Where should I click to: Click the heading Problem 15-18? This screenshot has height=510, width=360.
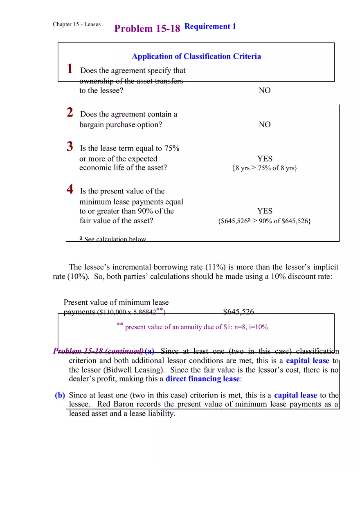(x=147, y=29)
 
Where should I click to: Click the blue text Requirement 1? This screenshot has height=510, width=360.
(x=210, y=27)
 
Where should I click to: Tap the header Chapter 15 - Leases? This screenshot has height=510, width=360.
(x=76, y=25)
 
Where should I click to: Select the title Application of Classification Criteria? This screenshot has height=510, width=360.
(x=196, y=56)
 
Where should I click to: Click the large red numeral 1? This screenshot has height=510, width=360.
(x=70, y=69)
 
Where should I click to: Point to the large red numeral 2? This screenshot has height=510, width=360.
(x=70, y=112)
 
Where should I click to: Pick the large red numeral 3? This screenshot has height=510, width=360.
(x=70, y=146)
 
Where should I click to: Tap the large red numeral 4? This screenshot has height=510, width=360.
(x=70, y=189)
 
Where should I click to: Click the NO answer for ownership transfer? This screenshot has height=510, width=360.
(x=265, y=91)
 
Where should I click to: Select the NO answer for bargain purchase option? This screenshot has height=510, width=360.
(x=265, y=125)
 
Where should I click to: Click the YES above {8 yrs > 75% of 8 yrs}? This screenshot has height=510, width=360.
(x=265, y=159)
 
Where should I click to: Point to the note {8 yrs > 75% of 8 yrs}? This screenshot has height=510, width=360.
(x=264, y=168)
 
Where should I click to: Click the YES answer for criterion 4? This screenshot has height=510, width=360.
(x=265, y=211)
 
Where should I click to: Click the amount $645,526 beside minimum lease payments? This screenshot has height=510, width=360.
(x=239, y=312)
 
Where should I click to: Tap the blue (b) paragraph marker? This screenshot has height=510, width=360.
(x=60, y=395)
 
